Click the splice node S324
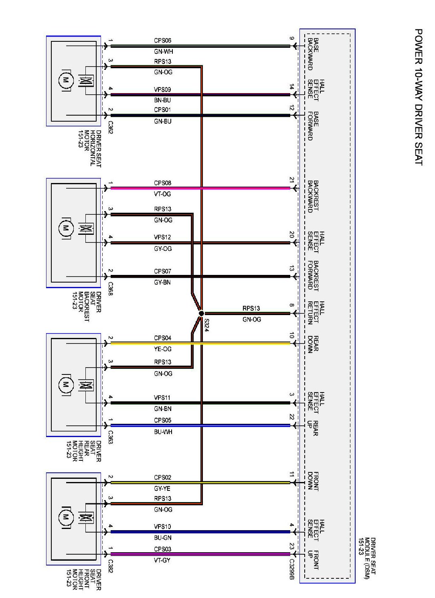tap(201, 313)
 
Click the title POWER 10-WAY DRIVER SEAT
tap(418, 96)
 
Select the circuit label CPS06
tap(162, 41)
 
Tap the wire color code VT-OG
tap(162, 194)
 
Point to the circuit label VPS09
tap(162, 89)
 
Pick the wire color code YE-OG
tap(162, 349)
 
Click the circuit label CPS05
tap(162, 420)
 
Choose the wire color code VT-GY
tap(162, 560)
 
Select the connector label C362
tap(110, 127)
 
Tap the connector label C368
tap(110, 289)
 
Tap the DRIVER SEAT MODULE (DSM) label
tap(367, 558)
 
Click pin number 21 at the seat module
tap(291, 180)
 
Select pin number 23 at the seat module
tap(291, 546)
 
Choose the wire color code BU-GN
tap(162, 538)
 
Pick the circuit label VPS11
tap(162, 398)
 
